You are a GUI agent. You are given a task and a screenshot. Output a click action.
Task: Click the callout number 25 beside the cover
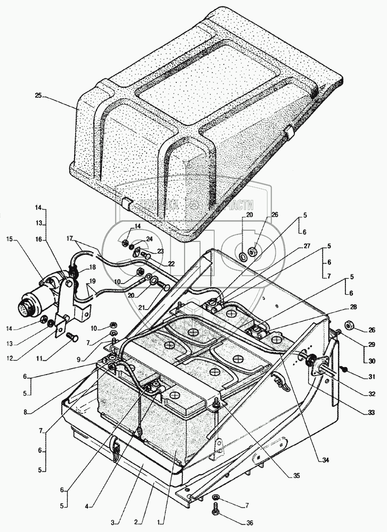(x=37, y=96)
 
